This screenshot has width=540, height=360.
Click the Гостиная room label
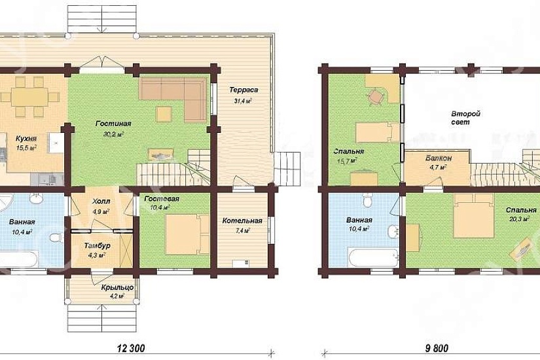point(113,124)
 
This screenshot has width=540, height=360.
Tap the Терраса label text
point(243,90)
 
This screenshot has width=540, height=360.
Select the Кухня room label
point(26,139)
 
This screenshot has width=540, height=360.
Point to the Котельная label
point(242,221)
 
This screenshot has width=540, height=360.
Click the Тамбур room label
point(97,245)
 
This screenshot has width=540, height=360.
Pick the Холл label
point(101,201)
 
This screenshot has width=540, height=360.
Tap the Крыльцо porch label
point(117,287)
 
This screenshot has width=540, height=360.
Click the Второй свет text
point(461,118)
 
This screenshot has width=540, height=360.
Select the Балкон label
point(439,158)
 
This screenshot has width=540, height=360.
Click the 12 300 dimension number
point(131,348)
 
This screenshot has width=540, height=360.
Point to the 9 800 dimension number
point(437,348)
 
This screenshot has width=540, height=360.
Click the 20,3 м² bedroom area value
point(519,219)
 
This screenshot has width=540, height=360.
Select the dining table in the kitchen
point(29,97)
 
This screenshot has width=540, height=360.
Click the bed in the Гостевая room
point(187,234)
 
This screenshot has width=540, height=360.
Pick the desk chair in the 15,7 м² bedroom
point(376,96)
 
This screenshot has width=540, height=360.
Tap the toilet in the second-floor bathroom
point(367,199)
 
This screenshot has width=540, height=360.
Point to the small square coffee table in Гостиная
point(164,115)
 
